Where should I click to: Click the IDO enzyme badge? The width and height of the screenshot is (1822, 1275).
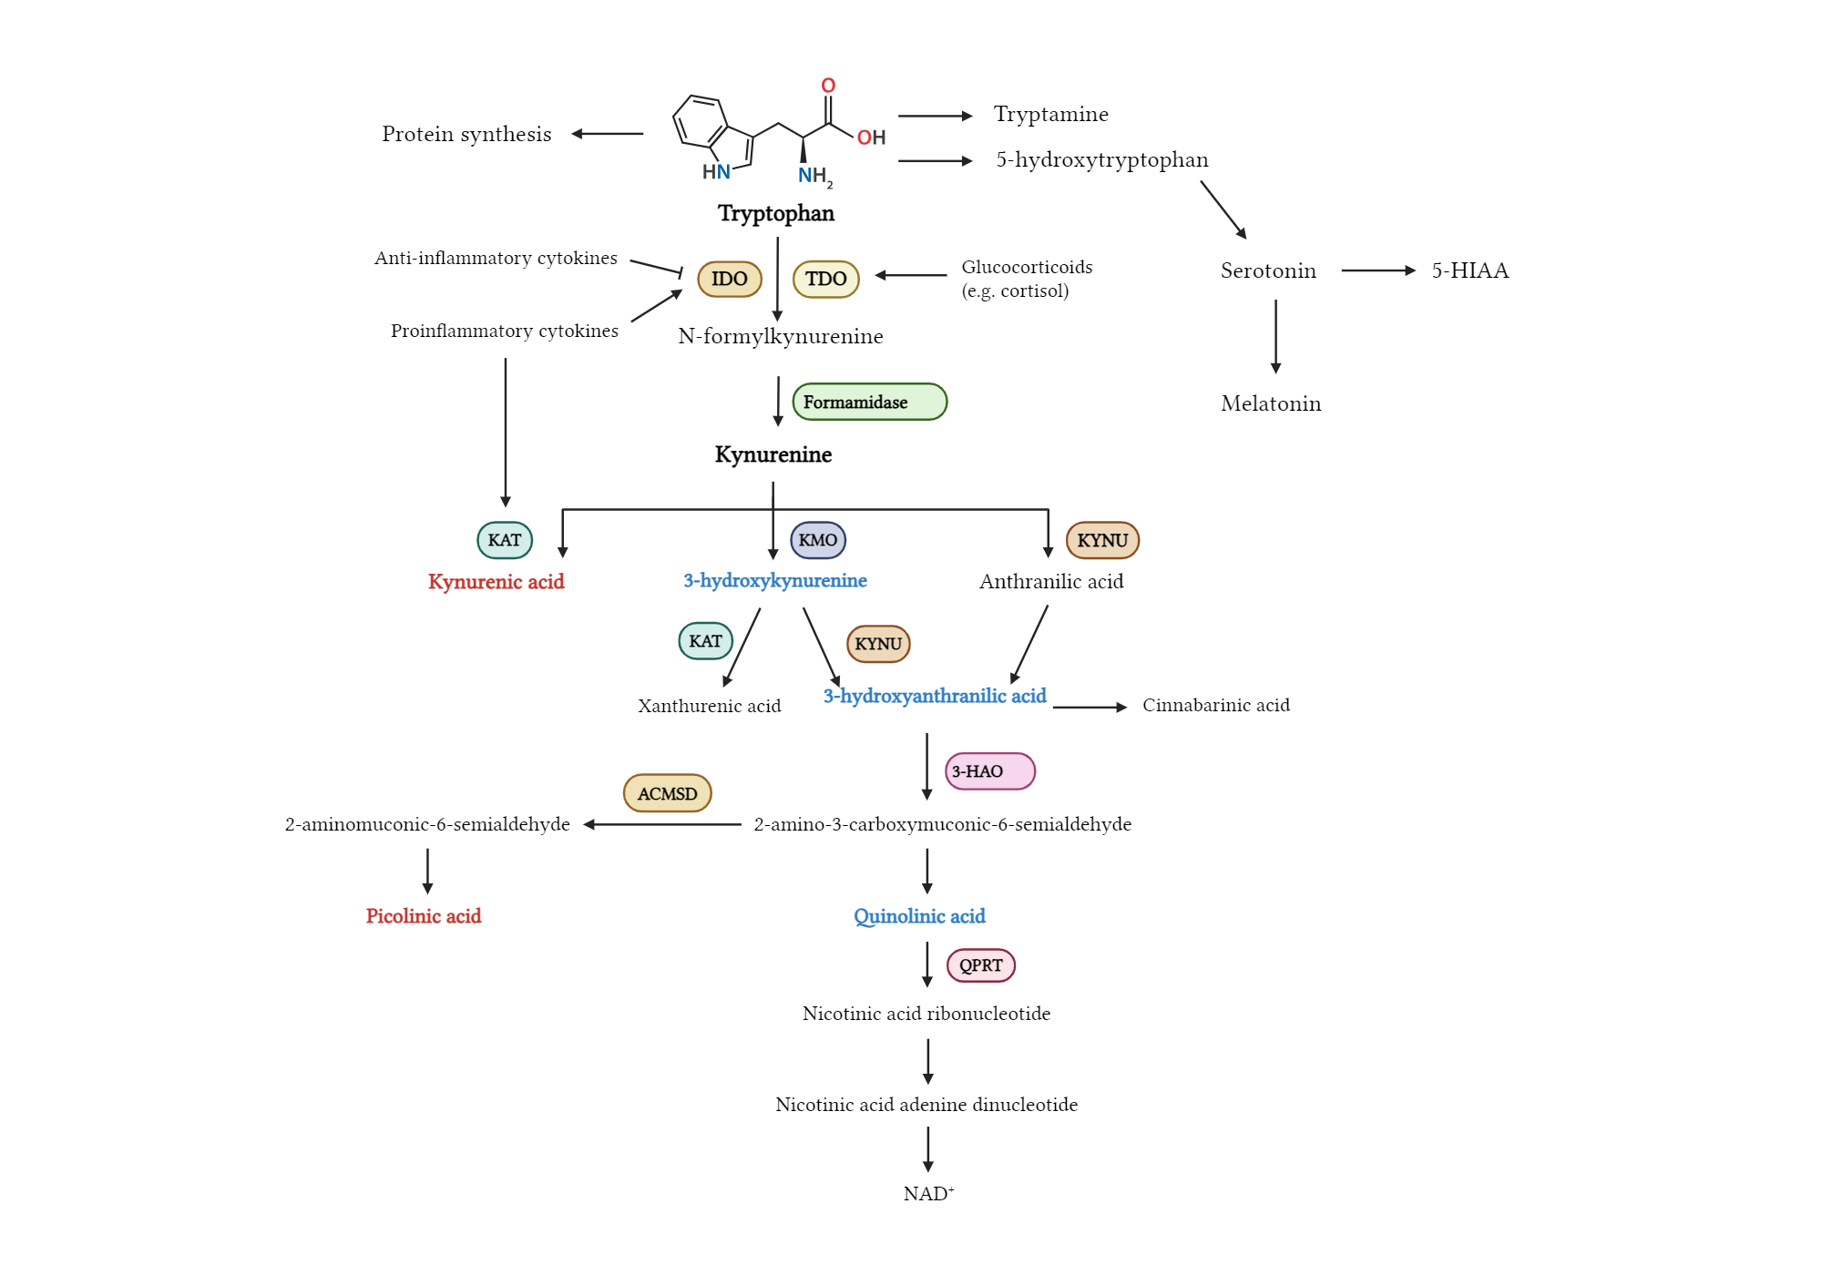point(729,279)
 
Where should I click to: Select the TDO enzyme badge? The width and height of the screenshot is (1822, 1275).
point(825,279)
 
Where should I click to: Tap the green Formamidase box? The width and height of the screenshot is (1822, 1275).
point(869,402)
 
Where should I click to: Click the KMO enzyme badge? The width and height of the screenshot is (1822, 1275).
point(817,540)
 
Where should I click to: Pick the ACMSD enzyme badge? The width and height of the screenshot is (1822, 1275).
point(667,793)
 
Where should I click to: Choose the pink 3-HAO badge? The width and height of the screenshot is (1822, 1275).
point(989,771)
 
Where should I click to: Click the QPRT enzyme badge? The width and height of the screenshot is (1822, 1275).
point(980,965)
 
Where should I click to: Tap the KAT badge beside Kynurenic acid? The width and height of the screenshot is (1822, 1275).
point(505,540)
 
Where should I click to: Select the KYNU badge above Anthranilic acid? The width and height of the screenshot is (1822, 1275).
point(1102,540)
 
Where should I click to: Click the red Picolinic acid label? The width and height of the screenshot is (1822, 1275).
point(424,916)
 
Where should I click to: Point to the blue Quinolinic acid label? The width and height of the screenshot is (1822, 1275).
point(919,916)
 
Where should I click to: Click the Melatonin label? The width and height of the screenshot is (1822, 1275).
point(1271,403)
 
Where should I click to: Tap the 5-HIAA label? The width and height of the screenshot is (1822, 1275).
point(1469,270)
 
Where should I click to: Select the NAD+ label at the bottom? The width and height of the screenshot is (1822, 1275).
point(927,1194)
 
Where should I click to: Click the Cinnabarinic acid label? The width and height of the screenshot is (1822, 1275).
point(1215,705)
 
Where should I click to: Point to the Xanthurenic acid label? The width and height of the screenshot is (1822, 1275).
point(709,706)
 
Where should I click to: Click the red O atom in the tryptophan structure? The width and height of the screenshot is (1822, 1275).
point(828,86)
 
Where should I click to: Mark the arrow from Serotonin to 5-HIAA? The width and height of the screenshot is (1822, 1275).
point(1377,270)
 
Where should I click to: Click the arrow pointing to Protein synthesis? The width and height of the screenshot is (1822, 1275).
point(607,134)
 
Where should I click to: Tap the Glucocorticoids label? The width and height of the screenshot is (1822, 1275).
point(1027,267)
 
